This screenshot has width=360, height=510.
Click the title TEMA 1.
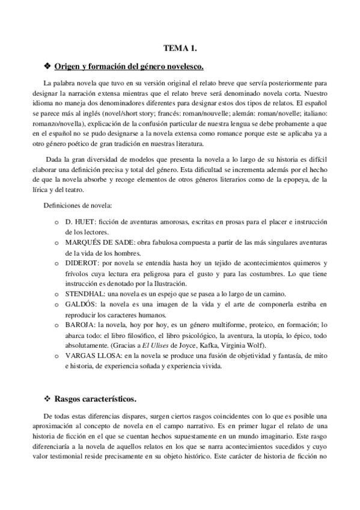(180, 48)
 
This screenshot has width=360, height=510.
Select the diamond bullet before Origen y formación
(47, 65)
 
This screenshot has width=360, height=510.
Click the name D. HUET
(76, 223)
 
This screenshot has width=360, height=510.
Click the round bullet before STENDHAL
(56, 293)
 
